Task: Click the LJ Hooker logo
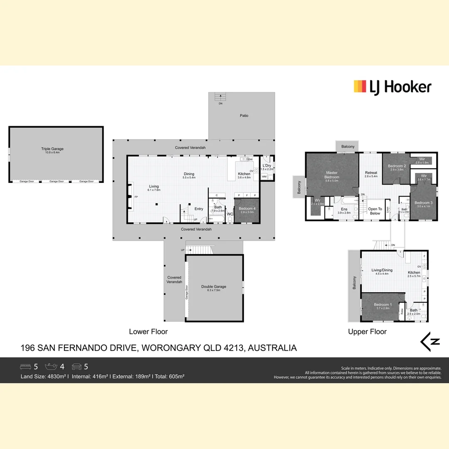pos(392,87)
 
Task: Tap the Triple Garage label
pos(52,149)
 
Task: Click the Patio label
pos(244,116)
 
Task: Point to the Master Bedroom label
pos(332,175)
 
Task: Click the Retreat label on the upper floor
pos(371,173)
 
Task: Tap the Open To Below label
pos(375,211)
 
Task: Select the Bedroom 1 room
pos(381,305)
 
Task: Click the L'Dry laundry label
pos(266,166)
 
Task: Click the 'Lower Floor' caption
pos(148,332)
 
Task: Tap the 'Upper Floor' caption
pos(367,332)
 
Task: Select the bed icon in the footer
pos(26,367)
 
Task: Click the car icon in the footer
pos(77,367)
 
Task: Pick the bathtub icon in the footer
pos(52,367)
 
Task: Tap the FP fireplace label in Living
pos(130,197)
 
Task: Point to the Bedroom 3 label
pos(423,203)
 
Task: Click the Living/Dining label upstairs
pos(382,270)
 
